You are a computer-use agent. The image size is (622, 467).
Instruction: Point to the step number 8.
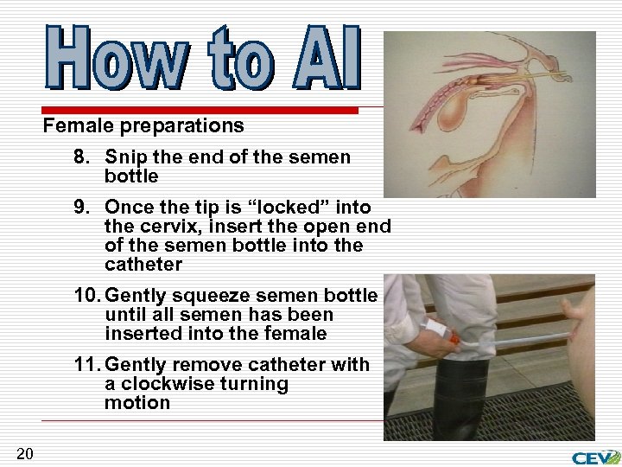(81, 157)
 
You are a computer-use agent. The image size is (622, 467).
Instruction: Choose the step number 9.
(81, 208)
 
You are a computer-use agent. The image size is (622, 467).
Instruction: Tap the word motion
(136, 403)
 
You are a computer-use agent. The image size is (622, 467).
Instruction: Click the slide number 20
(24, 453)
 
